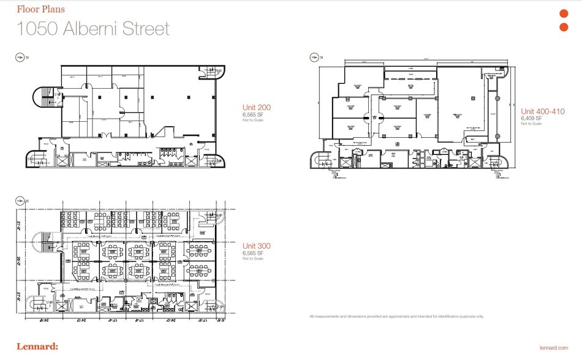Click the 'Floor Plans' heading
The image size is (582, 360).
[40, 10]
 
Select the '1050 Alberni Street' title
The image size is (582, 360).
[93, 28]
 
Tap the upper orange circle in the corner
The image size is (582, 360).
[564, 14]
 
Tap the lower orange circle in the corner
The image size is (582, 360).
[564, 27]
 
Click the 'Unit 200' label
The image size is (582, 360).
[257, 108]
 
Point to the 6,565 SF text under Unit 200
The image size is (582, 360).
[253, 114]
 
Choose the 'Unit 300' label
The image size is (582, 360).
[257, 246]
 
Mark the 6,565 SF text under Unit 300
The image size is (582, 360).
[253, 253]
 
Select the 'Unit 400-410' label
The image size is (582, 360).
[543, 111]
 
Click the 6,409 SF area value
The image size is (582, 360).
[531, 118]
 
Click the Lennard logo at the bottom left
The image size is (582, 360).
[37, 347]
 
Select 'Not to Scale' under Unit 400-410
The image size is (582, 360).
[531, 124]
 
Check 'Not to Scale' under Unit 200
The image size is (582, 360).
[252, 120]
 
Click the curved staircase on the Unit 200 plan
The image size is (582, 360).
[47, 98]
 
